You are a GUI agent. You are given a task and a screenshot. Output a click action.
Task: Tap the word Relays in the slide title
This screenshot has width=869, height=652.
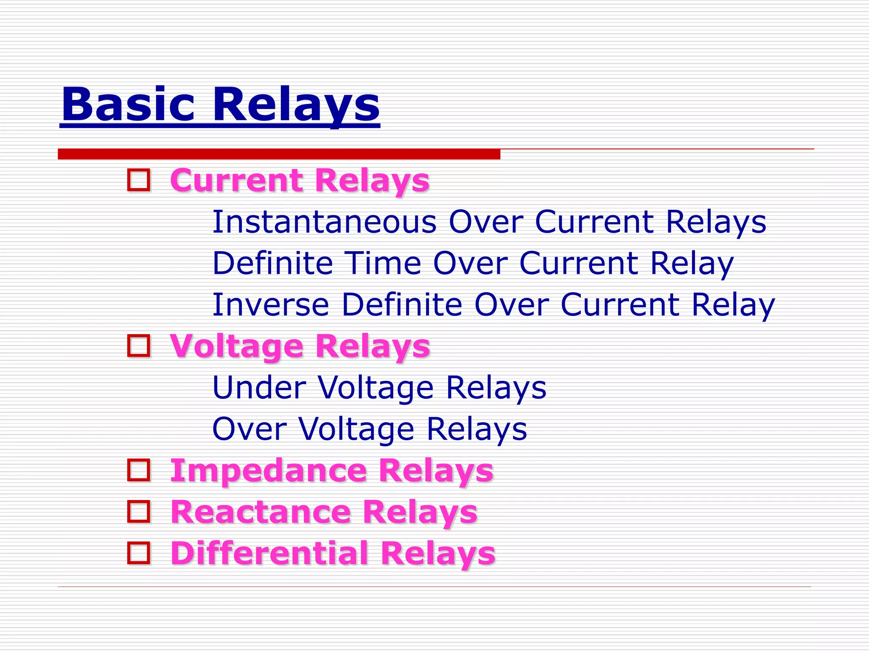click(296, 104)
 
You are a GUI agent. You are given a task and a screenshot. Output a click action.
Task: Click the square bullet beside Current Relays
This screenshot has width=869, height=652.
click(139, 180)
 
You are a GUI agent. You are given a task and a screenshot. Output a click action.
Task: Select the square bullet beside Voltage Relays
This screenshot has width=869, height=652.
click(139, 346)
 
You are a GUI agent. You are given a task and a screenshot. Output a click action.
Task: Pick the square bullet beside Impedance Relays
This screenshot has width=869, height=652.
click(139, 470)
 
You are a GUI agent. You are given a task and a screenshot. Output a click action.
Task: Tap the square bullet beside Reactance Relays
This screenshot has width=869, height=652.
click(139, 511)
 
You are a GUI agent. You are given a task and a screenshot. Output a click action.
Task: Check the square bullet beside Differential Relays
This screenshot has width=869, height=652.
click(139, 553)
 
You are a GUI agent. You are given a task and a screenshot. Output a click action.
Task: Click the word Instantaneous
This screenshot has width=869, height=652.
click(324, 222)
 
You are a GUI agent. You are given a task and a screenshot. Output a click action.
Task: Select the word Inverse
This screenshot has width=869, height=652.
click(271, 304)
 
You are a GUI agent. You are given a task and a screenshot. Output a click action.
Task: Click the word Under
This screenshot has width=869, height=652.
click(259, 387)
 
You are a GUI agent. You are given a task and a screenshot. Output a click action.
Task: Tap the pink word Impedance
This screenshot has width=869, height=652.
click(268, 470)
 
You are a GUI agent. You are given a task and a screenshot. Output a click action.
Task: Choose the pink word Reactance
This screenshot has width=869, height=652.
click(261, 511)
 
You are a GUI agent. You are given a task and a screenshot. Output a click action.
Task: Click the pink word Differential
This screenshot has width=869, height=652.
click(269, 553)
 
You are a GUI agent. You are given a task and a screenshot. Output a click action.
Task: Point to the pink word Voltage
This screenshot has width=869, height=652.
click(236, 346)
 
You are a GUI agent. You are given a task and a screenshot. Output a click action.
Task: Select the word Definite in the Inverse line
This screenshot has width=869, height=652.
click(401, 304)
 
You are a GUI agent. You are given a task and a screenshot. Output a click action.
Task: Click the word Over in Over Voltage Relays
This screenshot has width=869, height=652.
click(249, 429)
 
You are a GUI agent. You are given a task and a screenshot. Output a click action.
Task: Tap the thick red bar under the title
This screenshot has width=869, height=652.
click(279, 154)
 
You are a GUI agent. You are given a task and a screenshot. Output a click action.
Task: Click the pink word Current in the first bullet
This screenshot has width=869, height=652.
click(236, 180)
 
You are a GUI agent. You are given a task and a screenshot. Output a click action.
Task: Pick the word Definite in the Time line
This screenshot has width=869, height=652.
click(272, 263)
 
